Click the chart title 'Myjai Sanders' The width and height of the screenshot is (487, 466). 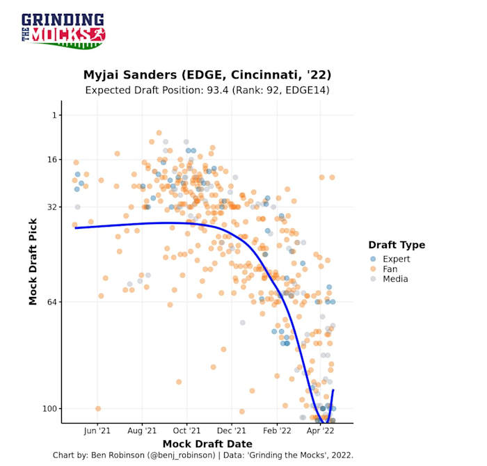tap(207, 74)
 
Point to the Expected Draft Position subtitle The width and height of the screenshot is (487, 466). tap(207, 90)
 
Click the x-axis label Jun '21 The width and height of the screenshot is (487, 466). tap(97, 431)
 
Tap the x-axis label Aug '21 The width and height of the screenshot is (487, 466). tap(143, 431)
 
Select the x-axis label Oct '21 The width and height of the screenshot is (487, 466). tap(186, 431)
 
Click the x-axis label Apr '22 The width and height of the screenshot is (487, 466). tap(321, 431)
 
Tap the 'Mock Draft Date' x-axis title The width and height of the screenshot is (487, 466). tap(207, 444)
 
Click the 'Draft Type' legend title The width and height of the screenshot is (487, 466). tap(397, 245)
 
